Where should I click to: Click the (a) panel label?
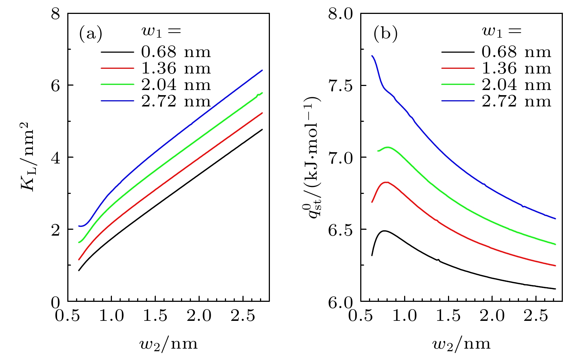[x=91, y=34]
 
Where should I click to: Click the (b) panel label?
[x=385, y=34]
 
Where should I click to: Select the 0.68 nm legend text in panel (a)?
[x=176, y=52]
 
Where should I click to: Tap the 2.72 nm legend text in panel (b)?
[x=516, y=101]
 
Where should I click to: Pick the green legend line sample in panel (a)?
[x=117, y=85]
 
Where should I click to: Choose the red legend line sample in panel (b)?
[x=458, y=68]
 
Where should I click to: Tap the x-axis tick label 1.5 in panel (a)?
[x=155, y=316]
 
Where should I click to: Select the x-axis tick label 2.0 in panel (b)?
[x=492, y=316]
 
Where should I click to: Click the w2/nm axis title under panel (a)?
[x=169, y=344]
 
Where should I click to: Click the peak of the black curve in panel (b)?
[x=384, y=231]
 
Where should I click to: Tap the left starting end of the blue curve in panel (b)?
[x=372, y=56]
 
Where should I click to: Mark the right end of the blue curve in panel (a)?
[x=262, y=70]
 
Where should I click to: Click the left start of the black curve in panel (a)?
[x=79, y=270]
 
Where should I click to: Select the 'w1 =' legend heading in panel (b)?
[x=501, y=32]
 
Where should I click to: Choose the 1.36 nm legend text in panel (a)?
[x=176, y=68]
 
